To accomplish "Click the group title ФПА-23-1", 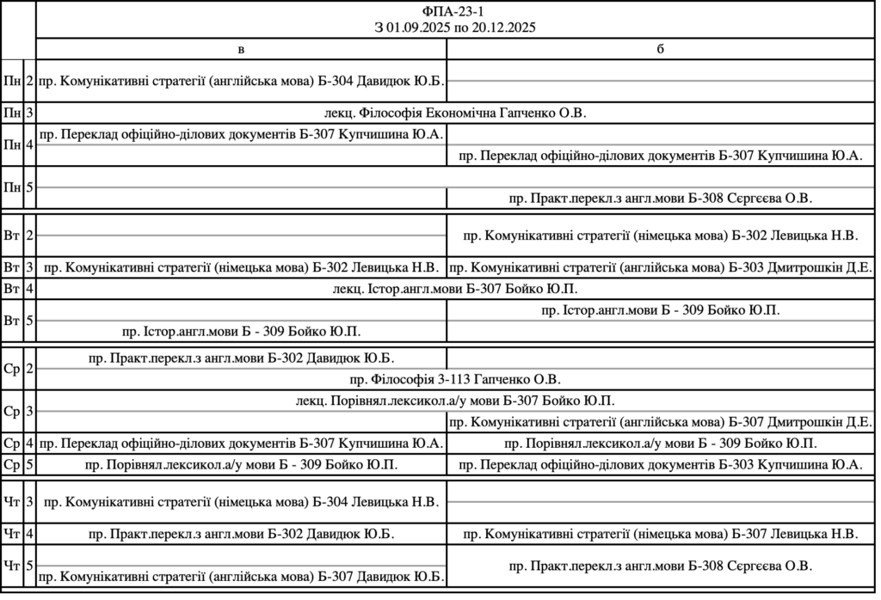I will pyautogui.click(x=455, y=11).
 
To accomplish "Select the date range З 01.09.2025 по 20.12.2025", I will pyautogui.click(x=455, y=28).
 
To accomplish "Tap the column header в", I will pyautogui.click(x=241, y=49).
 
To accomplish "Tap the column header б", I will pyautogui.click(x=660, y=49).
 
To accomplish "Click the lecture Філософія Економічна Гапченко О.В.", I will pyautogui.click(x=455, y=113).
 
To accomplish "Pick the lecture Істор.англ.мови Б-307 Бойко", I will pyautogui.click(x=455, y=289).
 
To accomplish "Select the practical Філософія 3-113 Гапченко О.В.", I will pyautogui.click(x=455, y=379).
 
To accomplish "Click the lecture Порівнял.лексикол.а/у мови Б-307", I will pyautogui.click(x=455, y=401).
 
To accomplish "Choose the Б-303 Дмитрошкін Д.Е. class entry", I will pyautogui.click(x=660, y=266).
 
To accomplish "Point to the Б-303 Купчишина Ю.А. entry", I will pyautogui.click(x=660, y=465).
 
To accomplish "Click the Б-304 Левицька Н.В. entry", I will pyautogui.click(x=241, y=502).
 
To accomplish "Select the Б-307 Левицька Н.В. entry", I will pyautogui.click(x=660, y=534).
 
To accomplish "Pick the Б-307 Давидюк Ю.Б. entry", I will pyautogui.click(x=241, y=576).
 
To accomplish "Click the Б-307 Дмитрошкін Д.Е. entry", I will pyautogui.click(x=660, y=422).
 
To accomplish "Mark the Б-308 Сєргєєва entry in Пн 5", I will pyautogui.click(x=660, y=199).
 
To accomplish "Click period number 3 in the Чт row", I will pyautogui.click(x=29, y=502).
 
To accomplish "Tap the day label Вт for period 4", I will pyautogui.click(x=12, y=289).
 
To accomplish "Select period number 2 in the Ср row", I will pyautogui.click(x=29, y=369).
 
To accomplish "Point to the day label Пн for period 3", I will pyautogui.click(x=12, y=113).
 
